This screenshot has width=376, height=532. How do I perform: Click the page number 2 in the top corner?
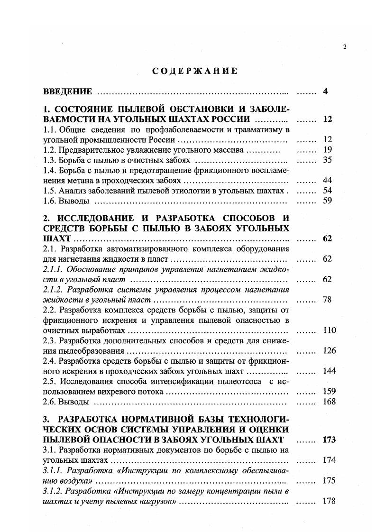[345, 46]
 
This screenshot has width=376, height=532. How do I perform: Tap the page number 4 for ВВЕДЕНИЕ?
[326, 92]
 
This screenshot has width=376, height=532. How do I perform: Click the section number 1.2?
[49, 150]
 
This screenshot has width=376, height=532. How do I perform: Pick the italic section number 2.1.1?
[53, 269]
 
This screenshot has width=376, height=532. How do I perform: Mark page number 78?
[327, 300]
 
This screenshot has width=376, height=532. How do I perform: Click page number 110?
[329, 330]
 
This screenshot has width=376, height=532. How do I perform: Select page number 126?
[329, 351]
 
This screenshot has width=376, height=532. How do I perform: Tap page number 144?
[329, 371]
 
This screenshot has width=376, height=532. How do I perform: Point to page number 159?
[329, 392]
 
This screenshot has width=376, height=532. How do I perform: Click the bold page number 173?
[329, 440]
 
